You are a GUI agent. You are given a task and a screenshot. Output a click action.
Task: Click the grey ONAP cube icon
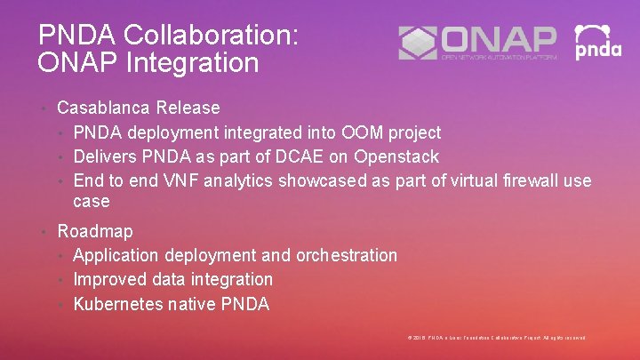coord(418,43)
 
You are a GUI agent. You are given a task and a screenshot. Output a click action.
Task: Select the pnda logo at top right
coord(598,42)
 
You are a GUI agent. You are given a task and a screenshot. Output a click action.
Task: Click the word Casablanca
coord(103,108)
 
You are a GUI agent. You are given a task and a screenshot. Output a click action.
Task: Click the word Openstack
coord(396,157)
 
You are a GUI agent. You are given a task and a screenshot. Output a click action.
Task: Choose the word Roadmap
coord(95,231)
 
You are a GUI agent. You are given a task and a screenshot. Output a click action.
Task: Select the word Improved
coord(108,279)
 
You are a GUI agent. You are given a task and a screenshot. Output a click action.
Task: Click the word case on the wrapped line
coord(92,202)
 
